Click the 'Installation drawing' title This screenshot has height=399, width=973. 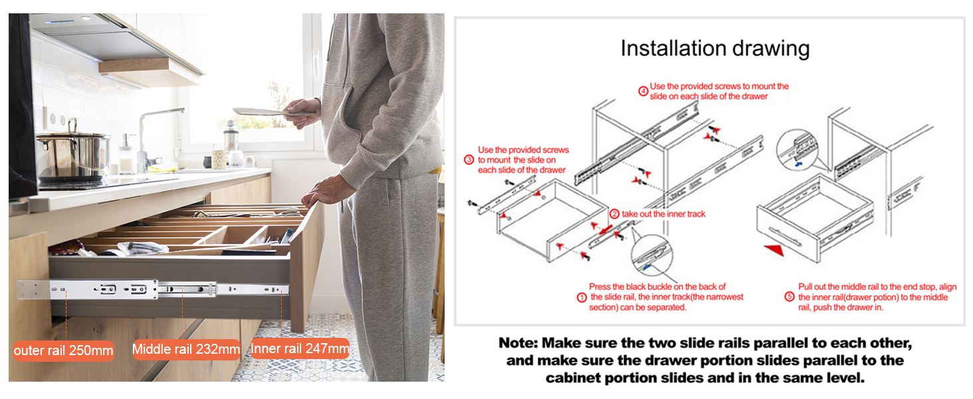pos(715,49)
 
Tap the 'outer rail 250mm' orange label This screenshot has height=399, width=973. pos(63,350)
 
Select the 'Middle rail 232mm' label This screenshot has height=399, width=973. pos(186,349)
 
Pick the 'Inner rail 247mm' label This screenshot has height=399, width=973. pos(300,348)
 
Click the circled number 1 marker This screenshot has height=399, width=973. pos(582,297)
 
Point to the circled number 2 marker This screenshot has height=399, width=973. pos(614,214)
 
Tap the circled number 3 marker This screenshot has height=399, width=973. pos(469,160)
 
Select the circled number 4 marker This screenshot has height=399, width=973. pos(643,91)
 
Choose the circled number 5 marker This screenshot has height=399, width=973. pos(790,297)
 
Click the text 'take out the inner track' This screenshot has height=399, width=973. pos(663,214)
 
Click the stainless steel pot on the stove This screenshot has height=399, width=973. pos(73,154)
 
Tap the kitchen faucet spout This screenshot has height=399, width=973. pos(160,113)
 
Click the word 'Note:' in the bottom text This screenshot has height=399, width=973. pos(518,343)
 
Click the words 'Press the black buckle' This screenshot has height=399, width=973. pos(635,287)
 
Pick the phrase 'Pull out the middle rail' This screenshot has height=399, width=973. pos(838,287)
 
